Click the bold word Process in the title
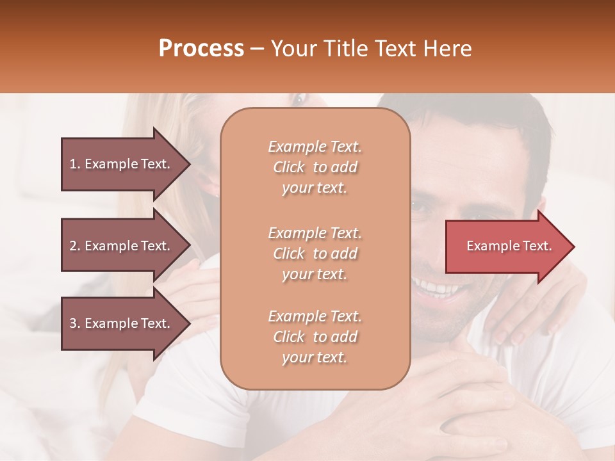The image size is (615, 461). click(x=201, y=49)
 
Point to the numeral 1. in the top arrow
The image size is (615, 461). click(x=75, y=164)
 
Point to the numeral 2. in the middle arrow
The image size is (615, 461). click(x=75, y=246)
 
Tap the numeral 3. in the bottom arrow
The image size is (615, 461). click(x=75, y=323)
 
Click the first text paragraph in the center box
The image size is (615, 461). click(x=315, y=167)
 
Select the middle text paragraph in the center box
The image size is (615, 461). click(x=315, y=254)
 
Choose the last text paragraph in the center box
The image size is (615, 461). click(x=315, y=337)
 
